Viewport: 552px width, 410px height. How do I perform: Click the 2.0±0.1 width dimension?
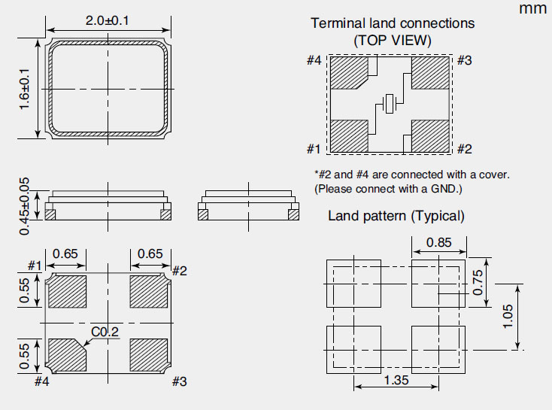(x=107, y=21)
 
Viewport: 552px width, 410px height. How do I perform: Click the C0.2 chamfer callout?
(x=105, y=332)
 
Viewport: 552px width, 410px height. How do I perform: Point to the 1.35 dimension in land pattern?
(x=396, y=381)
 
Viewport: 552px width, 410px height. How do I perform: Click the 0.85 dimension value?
(x=439, y=243)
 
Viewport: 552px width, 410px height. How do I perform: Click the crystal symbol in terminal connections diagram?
(x=389, y=103)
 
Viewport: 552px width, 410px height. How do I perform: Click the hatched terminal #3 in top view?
(x=430, y=74)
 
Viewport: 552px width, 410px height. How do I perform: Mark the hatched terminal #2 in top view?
(x=430, y=136)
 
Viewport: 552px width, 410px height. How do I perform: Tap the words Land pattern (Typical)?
(x=396, y=216)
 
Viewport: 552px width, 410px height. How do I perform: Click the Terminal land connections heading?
(x=393, y=23)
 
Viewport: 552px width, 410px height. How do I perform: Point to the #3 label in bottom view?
(x=179, y=381)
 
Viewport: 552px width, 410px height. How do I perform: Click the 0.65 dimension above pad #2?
(x=150, y=254)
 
